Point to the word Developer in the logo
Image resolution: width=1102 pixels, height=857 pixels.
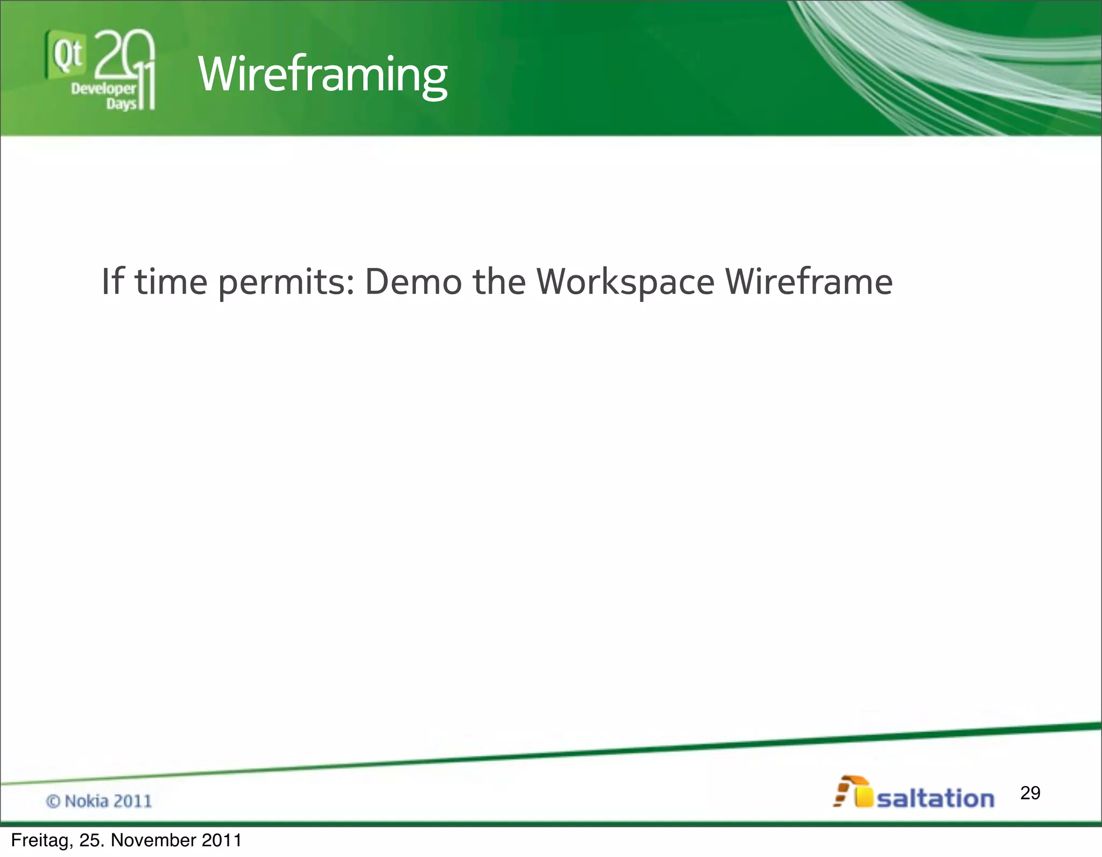tap(103, 89)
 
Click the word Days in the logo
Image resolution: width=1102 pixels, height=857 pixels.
tap(121, 103)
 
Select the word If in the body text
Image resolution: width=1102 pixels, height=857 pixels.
tap(112, 281)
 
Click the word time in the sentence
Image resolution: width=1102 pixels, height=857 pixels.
tap(171, 281)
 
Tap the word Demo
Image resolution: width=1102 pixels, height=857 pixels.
tap(413, 281)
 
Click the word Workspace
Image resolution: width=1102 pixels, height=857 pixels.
tap(625, 282)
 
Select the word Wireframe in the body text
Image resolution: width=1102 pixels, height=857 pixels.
tap(809, 281)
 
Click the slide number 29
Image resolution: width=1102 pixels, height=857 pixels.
tap(1030, 792)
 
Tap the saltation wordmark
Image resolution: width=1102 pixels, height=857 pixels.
tap(935, 798)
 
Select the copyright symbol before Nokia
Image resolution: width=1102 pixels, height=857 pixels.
tap(53, 802)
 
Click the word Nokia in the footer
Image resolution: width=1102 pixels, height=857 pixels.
tap(86, 801)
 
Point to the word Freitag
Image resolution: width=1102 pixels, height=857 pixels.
tap(41, 840)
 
